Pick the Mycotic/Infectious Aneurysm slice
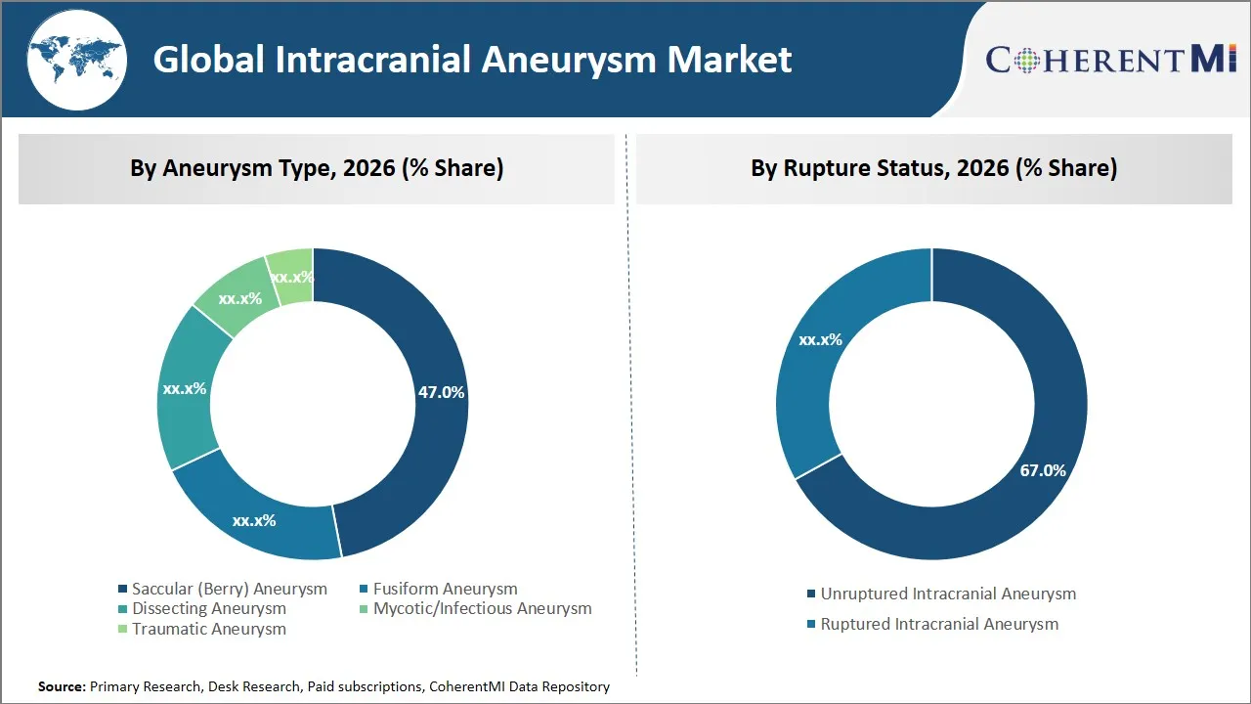[x=235, y=293]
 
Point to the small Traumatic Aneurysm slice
[x=291, y=270]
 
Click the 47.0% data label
[x=441, y=392]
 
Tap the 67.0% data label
[x=1042, y=470]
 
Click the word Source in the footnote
[x=61, y=686]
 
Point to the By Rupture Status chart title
[x=933, y=168]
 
